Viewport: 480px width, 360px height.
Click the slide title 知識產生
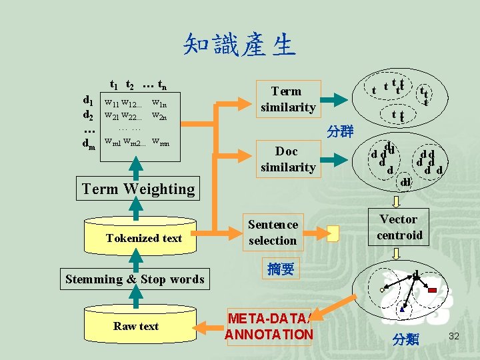[x=239, y=45]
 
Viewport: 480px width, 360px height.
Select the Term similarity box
[x=288, y=99]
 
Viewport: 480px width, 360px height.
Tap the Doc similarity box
[x=288, y=159]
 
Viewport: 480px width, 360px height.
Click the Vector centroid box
[x=399, y=227]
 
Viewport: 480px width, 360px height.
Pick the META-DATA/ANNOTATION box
[x=269, y=326]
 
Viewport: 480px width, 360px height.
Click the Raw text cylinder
[x=135, y=325]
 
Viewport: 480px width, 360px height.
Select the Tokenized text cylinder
[x=143, y=237]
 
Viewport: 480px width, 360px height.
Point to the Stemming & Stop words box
[x=135, y=279]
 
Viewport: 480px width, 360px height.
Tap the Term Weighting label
[x=138, y=189]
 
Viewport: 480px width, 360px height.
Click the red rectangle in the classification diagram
[x=432, y=290]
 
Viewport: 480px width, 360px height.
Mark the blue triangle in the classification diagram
[x=402, y=309]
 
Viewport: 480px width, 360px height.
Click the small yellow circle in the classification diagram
[x=382, y=290]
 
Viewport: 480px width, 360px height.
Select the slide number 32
[x=455, y=335]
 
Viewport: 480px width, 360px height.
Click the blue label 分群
[x=340, y=131]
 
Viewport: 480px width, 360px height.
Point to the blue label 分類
[x=405, y=339]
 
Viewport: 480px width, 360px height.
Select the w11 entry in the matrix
[x=111, y=103]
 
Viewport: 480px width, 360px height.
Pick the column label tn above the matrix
[x=160, y=85]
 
